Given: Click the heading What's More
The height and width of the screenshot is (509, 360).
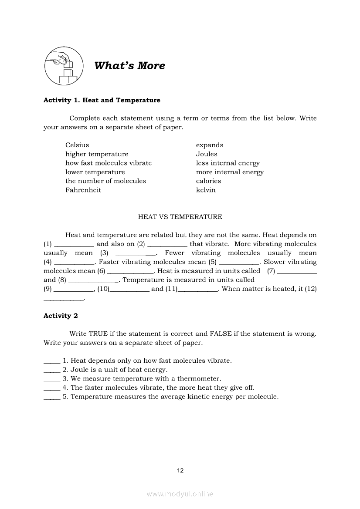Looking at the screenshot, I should coord(129,66).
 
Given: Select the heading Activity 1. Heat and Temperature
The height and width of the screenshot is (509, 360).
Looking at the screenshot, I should coord(102,100).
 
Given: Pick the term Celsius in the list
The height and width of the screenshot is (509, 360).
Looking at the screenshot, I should coord(77,145).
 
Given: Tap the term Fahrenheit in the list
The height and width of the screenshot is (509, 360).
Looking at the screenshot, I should coord(83,190).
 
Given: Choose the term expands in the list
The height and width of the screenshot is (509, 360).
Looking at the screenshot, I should coord(210,145).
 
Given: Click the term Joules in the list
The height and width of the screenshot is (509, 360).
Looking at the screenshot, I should coord(207,154).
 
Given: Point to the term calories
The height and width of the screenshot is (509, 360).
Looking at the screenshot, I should coord(208,181).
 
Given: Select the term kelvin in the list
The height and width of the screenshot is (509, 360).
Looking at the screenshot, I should coord(206,190).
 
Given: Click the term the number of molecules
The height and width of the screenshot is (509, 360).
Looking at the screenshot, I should coord(105,181).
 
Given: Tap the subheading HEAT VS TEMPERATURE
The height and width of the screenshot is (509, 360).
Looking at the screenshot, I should coord(180,217).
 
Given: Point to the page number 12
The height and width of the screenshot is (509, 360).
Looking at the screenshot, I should coord(180,470).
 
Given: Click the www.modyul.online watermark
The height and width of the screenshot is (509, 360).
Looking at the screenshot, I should coord(180,494).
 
